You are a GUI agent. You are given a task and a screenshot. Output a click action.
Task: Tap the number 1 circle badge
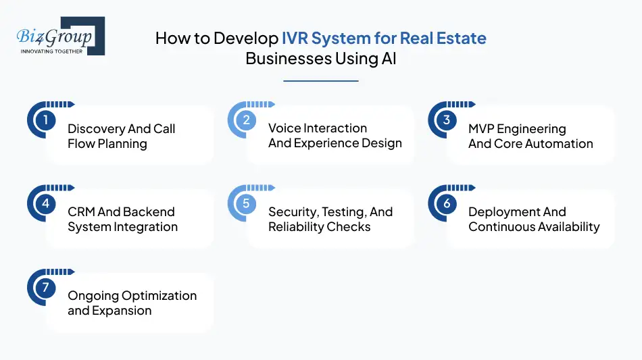pos(45,120)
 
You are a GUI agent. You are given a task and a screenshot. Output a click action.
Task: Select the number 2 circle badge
pos(246,120)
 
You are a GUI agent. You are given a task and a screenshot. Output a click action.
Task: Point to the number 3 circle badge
pos(447,120)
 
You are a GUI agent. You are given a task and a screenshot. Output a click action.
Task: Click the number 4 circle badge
pos(45,204)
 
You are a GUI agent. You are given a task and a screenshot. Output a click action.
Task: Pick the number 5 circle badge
pos(246,204)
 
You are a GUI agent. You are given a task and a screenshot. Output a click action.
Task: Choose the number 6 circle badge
pos(447,204)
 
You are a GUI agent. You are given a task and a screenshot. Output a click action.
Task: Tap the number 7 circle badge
pos(45,288)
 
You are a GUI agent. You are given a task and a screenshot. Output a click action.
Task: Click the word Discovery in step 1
pos(93,129)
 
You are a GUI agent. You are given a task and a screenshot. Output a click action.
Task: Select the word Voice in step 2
pos(284,128)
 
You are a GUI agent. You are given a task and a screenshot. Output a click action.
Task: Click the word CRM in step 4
pos(81,212)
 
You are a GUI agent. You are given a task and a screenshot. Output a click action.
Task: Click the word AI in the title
pos(388,58)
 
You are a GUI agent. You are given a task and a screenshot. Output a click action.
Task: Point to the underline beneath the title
pos(320,81)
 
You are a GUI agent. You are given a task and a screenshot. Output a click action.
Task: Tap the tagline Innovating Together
pos(52,51)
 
